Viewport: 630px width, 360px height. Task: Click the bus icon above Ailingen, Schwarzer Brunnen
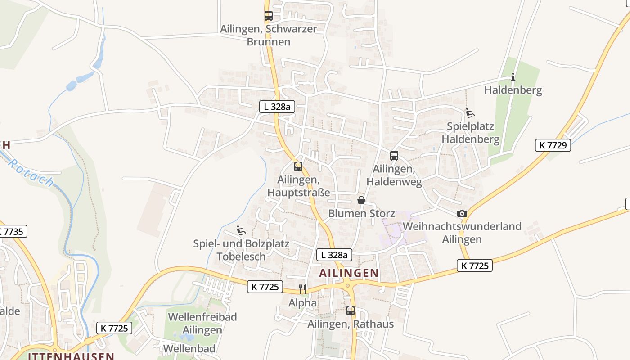click(x=269, y=16)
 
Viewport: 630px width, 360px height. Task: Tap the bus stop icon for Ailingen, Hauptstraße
click(x=298, y=166)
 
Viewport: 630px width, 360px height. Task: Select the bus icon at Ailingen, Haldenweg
click(x=394, y=156)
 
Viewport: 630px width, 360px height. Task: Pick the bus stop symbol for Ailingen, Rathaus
click(x=351, y=310)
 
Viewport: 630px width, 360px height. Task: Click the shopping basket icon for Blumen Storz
click(x=361, y=200)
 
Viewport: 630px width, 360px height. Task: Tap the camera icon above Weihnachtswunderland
click(x=462, y=214)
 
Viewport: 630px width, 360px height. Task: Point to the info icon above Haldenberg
click(x=513, y=77)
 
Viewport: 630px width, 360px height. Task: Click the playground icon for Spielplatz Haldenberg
click(x=470, y=113)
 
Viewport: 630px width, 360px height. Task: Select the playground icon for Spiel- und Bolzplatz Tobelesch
click(x=241, y=231)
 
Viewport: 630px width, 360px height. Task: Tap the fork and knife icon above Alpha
click(x=302, y=289)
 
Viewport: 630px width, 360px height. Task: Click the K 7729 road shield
click(x=553, y=145)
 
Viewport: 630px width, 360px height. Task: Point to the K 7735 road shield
click(x=12, y=232)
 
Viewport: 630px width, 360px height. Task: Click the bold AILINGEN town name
click(x=349, y=273)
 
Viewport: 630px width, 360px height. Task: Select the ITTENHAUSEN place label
click(x=71, y=356)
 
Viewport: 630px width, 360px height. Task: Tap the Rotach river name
click(x=31, y=173)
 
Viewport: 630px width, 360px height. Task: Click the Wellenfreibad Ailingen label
click(x=202, y=323)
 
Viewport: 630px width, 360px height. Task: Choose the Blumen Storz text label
click(x=362, y=213)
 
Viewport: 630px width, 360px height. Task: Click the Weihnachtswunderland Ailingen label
click(x=462, y=232)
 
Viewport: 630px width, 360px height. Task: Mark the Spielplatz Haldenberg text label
click(x=470, y=133)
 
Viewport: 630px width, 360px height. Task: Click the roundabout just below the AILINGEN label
click(x=347, y=285)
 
